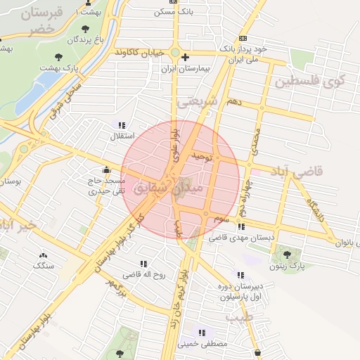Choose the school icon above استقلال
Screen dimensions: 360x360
pyautogui.click(x=122, y=125)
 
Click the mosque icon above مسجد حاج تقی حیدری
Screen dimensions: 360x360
pyautogui.click(x=106, y=169)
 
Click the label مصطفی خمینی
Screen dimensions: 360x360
pyautogui.click(x=204, y=344)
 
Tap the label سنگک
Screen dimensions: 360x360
pyautogui.click(x=43, y=266)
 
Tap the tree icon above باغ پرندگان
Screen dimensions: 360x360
pyautogui.click(x=86, y=29)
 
